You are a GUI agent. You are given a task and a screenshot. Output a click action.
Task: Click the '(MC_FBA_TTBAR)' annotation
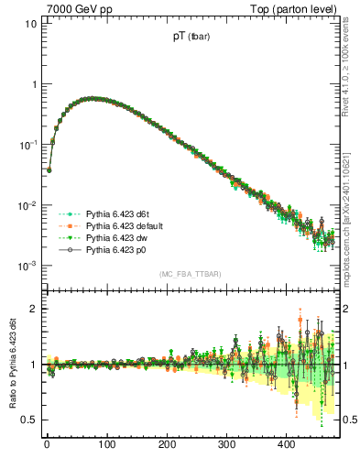190,275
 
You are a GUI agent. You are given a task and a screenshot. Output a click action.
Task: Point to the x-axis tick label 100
106,444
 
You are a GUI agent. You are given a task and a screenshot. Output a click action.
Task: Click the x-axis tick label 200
167,444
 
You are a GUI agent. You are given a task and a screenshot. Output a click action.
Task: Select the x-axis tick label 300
226,444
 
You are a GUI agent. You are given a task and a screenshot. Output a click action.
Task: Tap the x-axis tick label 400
286,444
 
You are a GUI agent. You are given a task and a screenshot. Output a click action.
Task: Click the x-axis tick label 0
47,444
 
